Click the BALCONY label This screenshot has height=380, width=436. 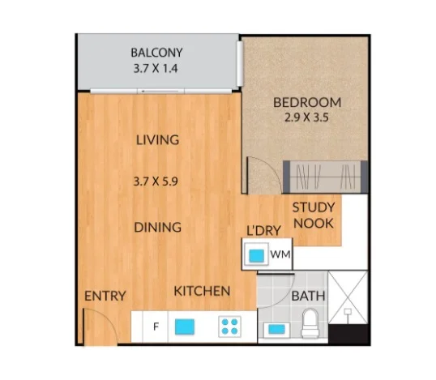pos(157,53)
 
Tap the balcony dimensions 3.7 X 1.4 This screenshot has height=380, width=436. pos(157,69)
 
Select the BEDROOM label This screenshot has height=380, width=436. pos(307,103)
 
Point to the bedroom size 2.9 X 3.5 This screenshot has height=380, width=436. pos(307,118)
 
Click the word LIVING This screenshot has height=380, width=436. pos(157,140)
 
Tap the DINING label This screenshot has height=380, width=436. pos(157,228)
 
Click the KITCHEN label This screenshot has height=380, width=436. pos(202,291)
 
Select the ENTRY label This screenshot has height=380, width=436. pos(105,297)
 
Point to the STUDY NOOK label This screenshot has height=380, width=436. pos(314,216)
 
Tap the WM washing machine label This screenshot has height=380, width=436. pos(280,255)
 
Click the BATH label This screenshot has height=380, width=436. pos(308,297)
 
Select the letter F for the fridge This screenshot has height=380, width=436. pos(155,327)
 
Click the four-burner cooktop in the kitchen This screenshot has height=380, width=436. pos(229,327)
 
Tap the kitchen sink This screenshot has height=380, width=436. pos(186,327)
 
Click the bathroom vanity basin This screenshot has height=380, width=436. pos(276,330)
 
